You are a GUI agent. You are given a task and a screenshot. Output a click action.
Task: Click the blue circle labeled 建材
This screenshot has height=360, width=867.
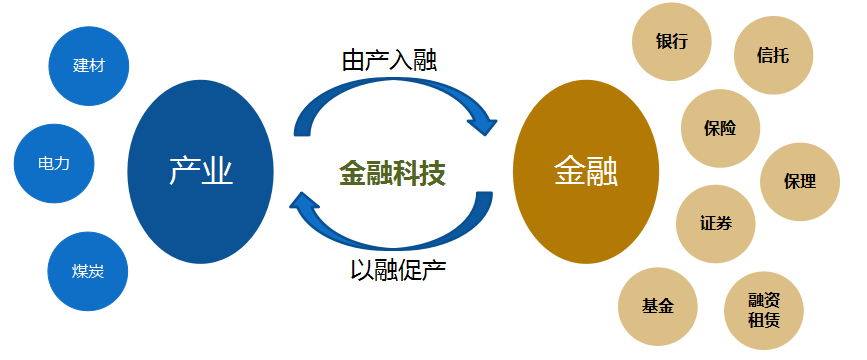pyautogui.click(x=88, y=65)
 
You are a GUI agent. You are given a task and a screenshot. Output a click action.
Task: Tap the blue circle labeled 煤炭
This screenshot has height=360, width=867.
pyautogui.click(x=88, y=271)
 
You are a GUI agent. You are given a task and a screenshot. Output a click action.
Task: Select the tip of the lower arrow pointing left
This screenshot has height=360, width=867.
pyautogui.click(x=295, y=204)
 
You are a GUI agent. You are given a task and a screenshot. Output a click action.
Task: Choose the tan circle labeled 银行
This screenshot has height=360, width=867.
pyautogui.click(x=671, y=43)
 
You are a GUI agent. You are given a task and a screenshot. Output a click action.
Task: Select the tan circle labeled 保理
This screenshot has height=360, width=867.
pyautogui.click(x=800, y=181)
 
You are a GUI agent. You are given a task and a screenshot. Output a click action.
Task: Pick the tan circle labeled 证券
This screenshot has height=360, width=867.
pyautogui.click(x=715, y=222)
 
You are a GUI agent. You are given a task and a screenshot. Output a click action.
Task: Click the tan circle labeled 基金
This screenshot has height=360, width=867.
pyautogui.click(x=657, y=305)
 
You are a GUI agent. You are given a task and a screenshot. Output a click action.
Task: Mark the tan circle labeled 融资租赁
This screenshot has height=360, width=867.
pyautogui.click(x=763, y=311)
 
